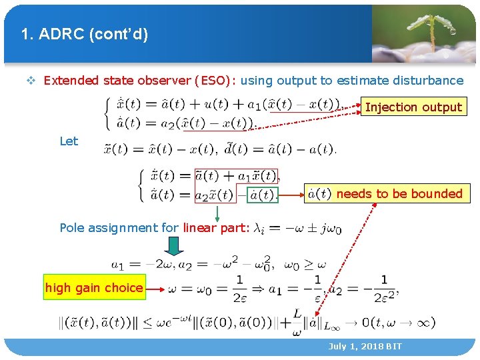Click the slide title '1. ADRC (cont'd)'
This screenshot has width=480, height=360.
coord(84,34)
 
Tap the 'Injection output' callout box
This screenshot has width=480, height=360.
coord(413,107)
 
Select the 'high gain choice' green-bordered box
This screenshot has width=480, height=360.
coord(94,288)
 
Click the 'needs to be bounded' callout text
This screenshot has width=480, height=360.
coord(399,194)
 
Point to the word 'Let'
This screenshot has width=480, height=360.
coord(69,141)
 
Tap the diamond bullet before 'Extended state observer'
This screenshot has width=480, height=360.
coord(31,81)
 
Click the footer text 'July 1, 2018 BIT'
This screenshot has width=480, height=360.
coord(365,347)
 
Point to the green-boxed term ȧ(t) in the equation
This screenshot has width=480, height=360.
coord(262,195)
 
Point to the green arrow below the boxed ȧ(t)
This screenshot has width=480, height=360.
coord(217,213)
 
